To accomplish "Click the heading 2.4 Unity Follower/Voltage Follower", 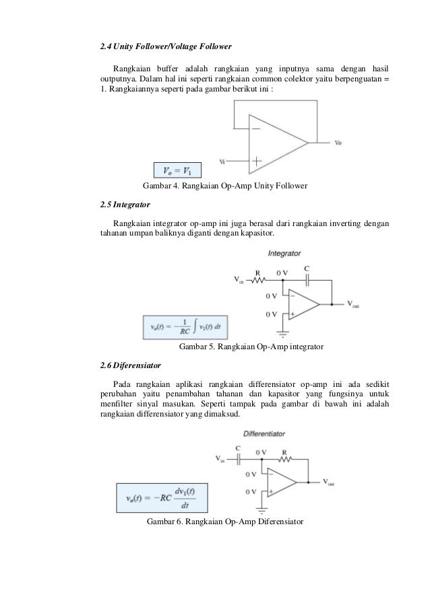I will pos(165,47).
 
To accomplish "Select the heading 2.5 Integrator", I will pos(125,203).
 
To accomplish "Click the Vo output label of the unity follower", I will pos(338,143).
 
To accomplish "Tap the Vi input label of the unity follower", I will pos(222,162).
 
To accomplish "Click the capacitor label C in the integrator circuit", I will pos(307,268).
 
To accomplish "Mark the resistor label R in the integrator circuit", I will pos(257,273).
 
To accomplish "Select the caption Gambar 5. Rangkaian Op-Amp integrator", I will pos(251,347).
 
